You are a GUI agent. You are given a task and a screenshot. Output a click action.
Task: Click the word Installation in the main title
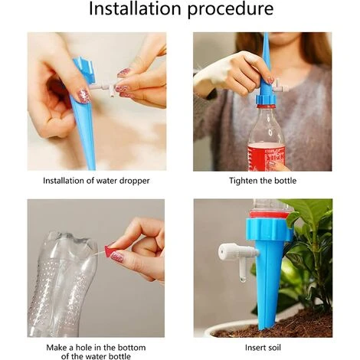(135, 8)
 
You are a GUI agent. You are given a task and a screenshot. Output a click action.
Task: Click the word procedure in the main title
(231, 10)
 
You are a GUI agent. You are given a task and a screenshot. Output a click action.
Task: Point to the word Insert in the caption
(254, 348)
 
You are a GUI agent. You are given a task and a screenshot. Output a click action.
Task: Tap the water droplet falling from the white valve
(243, 280)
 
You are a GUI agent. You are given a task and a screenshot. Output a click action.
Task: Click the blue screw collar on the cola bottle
(267, 99)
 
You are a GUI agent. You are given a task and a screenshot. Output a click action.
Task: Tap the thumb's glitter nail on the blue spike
(84, 96)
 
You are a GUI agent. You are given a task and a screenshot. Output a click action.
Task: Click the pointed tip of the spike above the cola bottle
(266, 34)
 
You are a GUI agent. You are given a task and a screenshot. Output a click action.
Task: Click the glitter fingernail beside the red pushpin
(119, 255)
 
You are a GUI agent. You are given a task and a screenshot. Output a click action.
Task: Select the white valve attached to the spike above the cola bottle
(280, 87)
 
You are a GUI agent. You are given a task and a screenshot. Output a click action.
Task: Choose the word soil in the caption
(273, 348)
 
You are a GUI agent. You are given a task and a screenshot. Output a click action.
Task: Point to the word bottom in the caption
(132, 348)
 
